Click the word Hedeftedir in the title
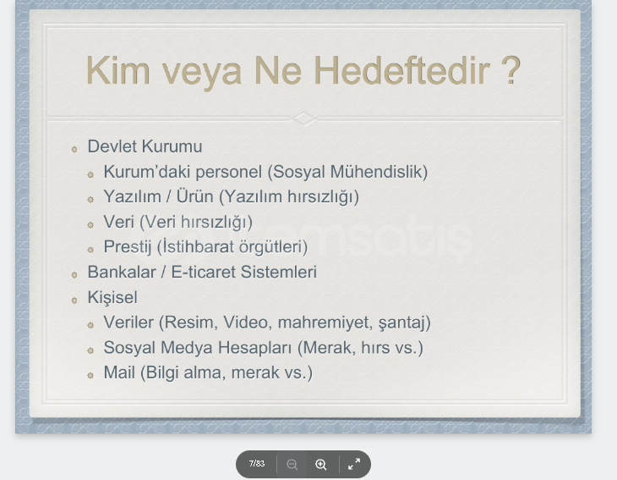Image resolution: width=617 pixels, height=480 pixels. click(x=401, y=70)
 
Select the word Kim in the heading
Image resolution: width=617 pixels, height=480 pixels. click(x=118, y=70)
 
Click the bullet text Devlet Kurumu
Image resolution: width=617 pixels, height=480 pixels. click(x=145, y=146)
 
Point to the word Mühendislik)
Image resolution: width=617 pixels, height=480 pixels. click(x=379, y=172)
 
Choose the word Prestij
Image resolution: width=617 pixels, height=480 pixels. click(x=128, y=247)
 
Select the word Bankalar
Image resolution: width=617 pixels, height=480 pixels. click(x=122, y=272)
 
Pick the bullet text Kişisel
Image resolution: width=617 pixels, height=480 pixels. click(x=112, y=297)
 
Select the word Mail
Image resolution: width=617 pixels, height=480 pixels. click(x=119, y=372)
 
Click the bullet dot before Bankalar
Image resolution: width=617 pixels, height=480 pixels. click(x=74, y=274)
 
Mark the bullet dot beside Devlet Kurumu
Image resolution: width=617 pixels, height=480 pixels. click(x=74, y=149)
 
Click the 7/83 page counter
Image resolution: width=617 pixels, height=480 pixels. click(x=257, y=463)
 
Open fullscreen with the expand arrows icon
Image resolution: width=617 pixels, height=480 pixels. click(x=354, y=464)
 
